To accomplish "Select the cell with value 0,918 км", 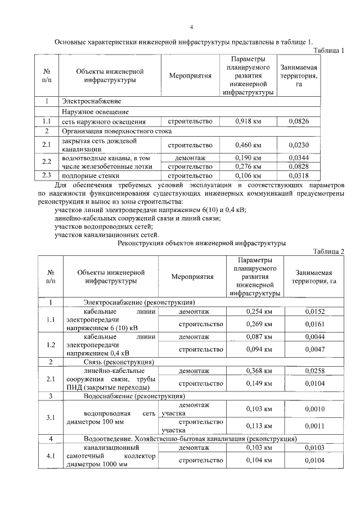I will click(x=248, y=121).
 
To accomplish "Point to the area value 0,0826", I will click(x=299, y=121).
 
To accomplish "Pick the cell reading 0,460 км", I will click(x=248, y=145).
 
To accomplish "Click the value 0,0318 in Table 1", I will click(x=299, y=175).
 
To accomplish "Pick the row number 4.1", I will click(x=50, y=456).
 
